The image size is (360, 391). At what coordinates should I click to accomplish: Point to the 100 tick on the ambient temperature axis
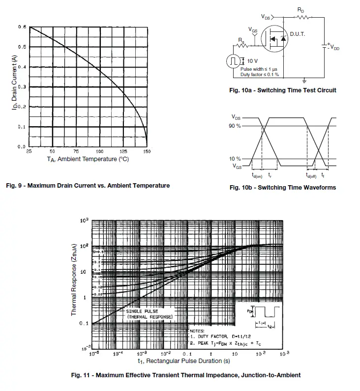99,152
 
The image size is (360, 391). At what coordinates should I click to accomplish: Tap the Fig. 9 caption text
88,186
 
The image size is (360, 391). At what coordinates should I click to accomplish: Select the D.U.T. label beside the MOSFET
297,34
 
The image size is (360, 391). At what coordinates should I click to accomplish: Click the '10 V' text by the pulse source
252,61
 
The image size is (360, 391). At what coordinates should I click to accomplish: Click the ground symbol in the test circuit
304,80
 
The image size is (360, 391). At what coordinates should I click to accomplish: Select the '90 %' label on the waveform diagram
235,126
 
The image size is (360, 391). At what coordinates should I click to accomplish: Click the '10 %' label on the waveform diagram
235,159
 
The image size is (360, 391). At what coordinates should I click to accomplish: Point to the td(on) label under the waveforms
257,175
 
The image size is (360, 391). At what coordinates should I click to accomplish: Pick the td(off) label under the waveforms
311,175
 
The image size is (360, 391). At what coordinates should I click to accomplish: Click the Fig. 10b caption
283,188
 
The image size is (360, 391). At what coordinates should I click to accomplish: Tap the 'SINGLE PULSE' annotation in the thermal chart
142,311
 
